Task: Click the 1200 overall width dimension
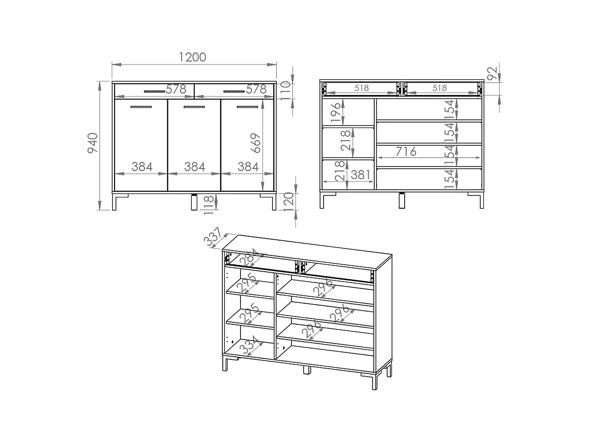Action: click(192, 57)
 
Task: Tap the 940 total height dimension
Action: click(93, 143)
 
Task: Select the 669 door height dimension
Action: click(256, 143)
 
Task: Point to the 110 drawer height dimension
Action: click(286, 91)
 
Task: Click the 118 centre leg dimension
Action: click(209, 205)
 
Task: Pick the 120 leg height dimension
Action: click(289, 202)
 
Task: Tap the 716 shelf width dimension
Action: click(406, 152)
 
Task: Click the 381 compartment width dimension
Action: click(361, 175)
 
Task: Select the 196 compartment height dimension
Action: click(336, 112)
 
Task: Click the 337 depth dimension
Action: click(212, 237)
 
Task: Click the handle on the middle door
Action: click(194, 107)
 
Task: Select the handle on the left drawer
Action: click(154, 92)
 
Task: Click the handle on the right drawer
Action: click(234, 92)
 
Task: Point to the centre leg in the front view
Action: click(194, 202)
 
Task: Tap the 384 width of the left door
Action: click(142, 167)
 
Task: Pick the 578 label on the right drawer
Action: click(256, 89)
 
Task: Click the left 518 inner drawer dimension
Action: click(361, 88)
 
